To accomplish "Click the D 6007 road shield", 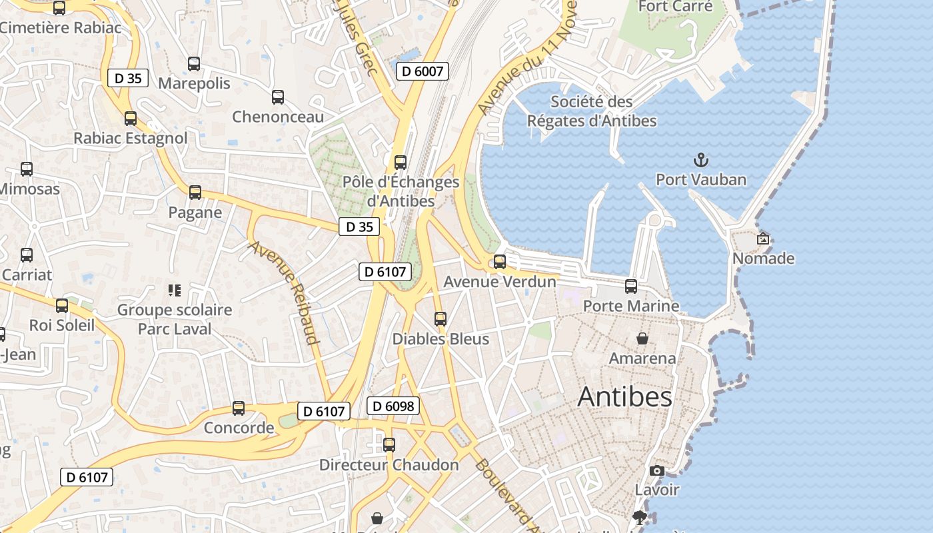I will coord(422,71).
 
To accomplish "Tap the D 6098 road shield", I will coord(393,406).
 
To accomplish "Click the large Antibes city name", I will coord(624,397).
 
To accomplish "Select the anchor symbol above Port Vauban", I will coord(700,160).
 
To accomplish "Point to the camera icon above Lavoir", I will coord(656,470).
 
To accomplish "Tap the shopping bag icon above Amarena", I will coord(642,338).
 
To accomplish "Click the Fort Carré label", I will coord(675,7).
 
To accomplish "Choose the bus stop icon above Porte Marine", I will coord(630,286).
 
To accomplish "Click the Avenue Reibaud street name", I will coord(284,292).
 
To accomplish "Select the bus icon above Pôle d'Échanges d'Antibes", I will coord(401,163).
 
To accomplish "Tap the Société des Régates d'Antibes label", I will coord(592,111).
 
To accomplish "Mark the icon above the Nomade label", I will coord(763,239).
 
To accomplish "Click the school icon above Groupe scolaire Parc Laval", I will coord(175,290).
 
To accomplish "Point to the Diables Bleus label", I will coord(441,338).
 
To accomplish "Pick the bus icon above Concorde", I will coord(239,408).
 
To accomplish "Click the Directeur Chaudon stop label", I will coord(389,465).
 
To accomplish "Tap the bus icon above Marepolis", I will coord(194,64).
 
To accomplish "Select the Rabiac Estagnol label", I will coord(131,138).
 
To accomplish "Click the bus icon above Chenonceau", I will coord(278,97).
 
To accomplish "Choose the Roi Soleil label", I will coord(62,325).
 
